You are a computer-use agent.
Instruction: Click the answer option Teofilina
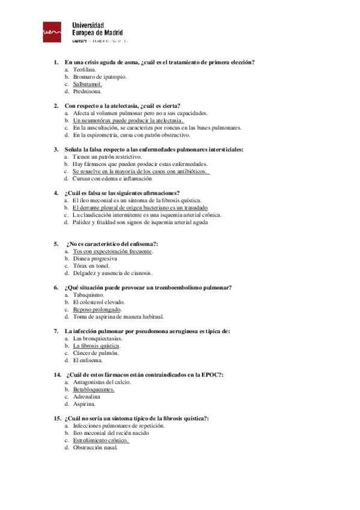coord(85,70)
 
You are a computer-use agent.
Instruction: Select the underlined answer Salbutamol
coord(88,84)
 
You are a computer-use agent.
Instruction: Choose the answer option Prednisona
coord(87,91)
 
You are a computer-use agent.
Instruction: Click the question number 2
coord(56,106)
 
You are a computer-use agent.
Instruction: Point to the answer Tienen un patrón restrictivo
coord(107,156)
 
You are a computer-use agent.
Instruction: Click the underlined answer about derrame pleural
coord(139,207)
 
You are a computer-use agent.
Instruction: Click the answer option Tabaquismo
coord(88,295)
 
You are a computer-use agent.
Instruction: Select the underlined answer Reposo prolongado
coord(97,309)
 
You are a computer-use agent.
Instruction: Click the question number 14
coord(57,375)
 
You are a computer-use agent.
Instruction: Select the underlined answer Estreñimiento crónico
coord(102,440)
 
